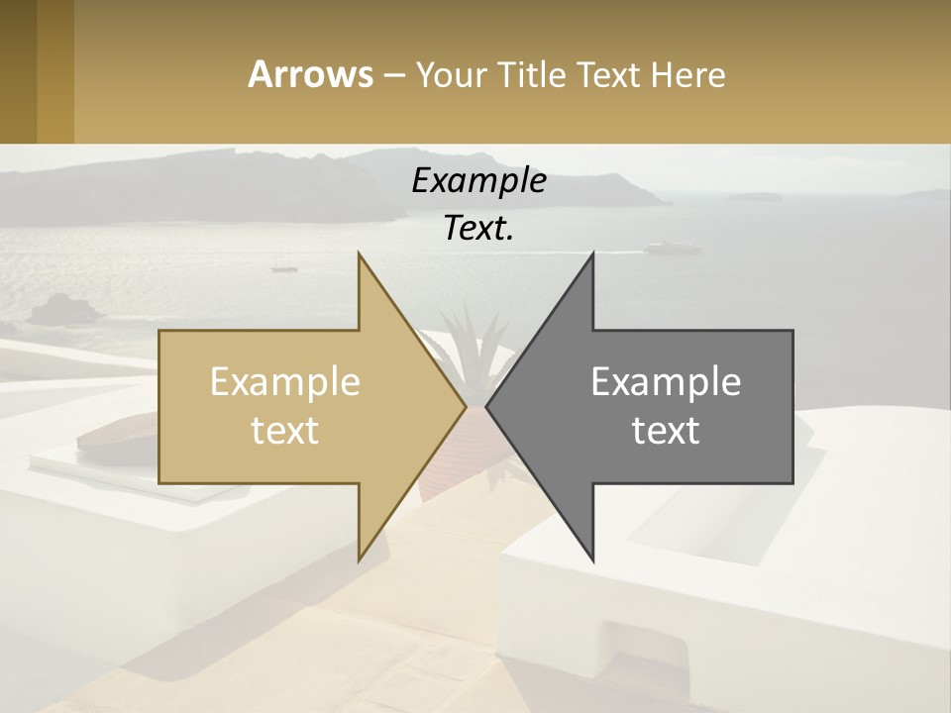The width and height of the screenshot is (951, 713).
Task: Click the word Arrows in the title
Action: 310,74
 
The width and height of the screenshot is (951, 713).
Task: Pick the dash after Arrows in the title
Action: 393,75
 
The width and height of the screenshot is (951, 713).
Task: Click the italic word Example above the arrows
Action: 478,181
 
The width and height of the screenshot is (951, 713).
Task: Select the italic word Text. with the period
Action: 478,229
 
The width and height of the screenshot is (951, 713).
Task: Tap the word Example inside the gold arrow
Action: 284,382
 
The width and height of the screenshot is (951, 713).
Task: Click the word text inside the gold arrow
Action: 284,431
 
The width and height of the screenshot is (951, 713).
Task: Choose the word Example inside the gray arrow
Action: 666,382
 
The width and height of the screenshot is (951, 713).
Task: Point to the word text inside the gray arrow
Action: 666,431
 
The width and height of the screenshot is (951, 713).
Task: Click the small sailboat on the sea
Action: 283,265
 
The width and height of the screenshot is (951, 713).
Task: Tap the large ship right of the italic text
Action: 665,247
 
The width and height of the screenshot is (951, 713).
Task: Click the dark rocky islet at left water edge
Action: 62,312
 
